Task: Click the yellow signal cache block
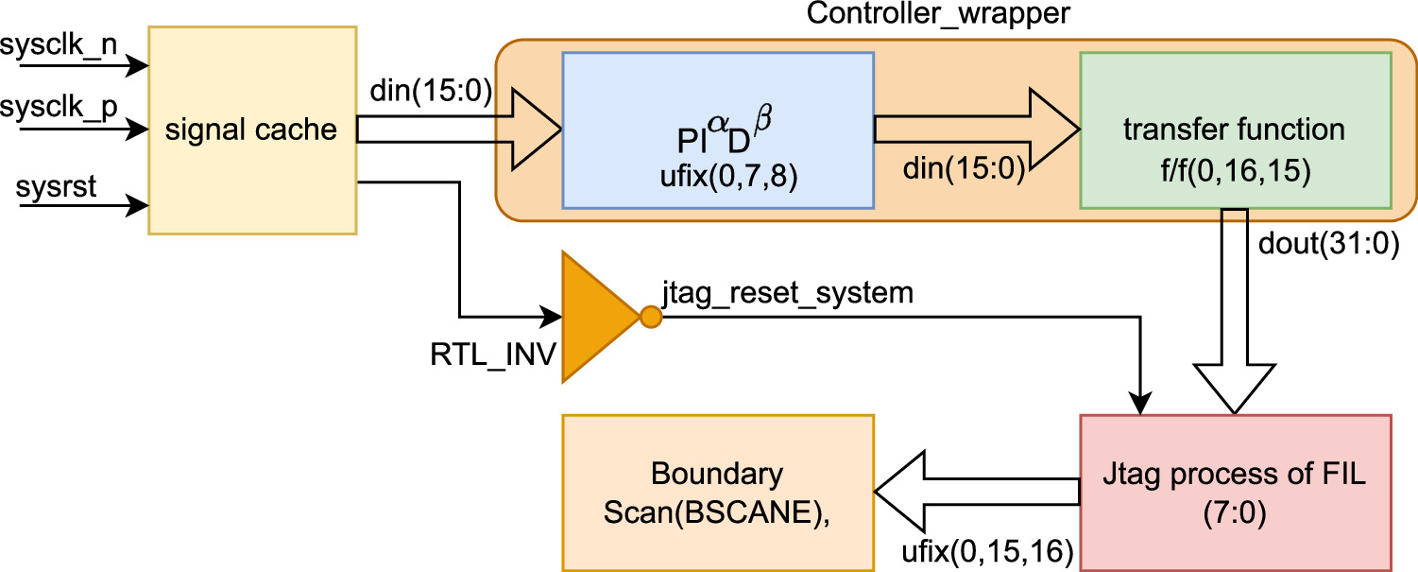coord(251,130)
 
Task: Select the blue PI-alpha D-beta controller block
coord(717,130)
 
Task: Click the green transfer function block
coord(1234,130)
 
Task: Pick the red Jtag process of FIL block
coord(1235,492)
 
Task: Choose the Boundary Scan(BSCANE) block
coord(717,492)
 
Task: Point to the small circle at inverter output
coord(650,317)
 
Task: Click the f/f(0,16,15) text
coord(1234,176)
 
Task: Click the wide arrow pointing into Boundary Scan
coord(973,492)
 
